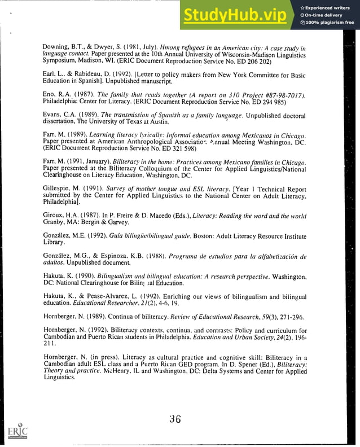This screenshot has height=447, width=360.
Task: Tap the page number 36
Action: pyautogui.click(x=175, y=419)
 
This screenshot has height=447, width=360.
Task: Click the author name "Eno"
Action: pyautogui.click(x=49, y=94)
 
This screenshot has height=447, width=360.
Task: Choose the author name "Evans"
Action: pyautogui.click(x=53, y=115)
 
